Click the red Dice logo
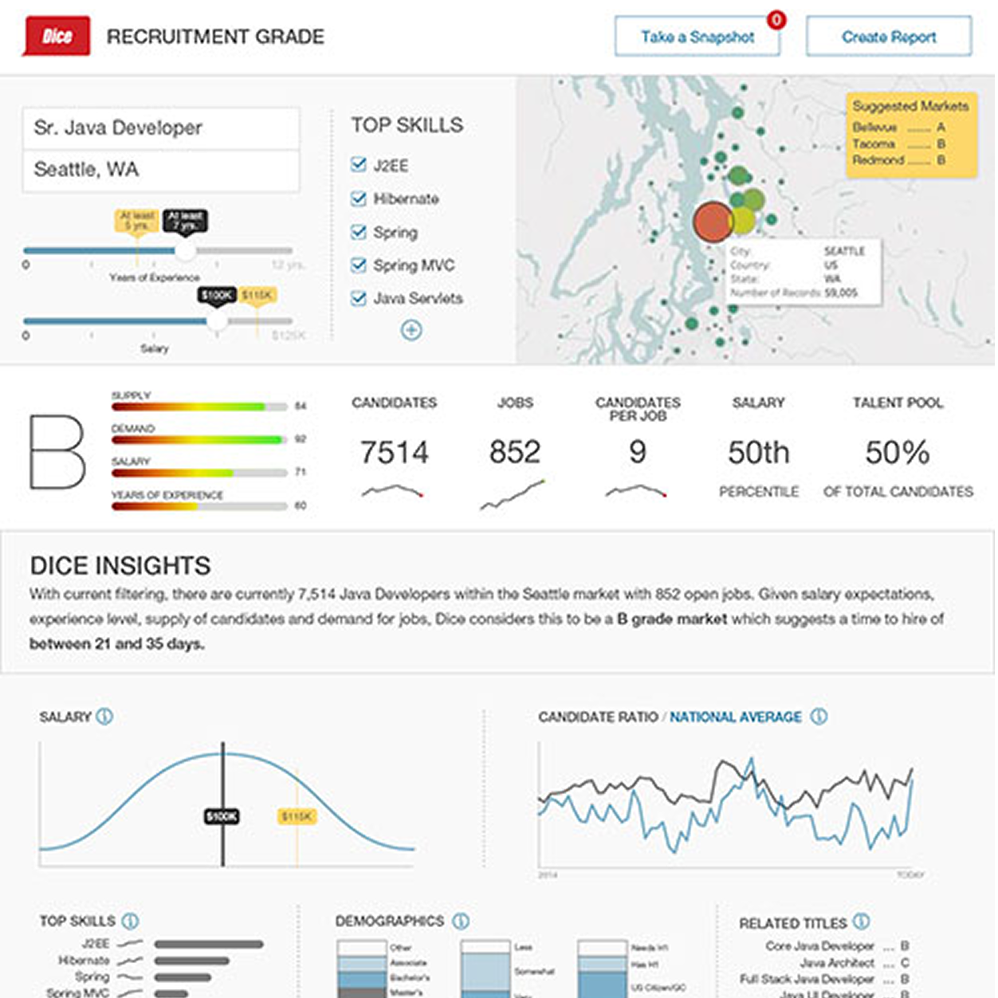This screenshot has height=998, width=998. click(57, 37)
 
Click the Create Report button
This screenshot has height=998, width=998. click(889, 37)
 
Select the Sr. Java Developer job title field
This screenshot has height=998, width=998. click(161, 128)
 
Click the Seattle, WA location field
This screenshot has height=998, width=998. click(161, 170)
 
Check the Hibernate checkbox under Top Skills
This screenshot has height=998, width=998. click(359, 199)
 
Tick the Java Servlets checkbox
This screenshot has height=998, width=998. click(359, 299)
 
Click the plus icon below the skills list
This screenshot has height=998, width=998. click(411, 330)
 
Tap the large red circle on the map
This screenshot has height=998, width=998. click(713, 222)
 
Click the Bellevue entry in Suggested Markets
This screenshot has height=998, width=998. click(875, 128)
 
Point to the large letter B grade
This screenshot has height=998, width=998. click(57, 451)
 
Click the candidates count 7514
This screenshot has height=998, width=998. click(394, 453)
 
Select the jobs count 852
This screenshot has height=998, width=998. click(515, 453)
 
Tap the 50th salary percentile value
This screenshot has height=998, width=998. click(758, 453)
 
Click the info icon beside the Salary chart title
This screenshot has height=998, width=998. click(104, 717)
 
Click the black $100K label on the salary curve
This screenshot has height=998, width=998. click(222, 816)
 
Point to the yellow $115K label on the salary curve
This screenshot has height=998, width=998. click(297, 816)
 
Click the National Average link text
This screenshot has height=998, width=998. click(735, 717)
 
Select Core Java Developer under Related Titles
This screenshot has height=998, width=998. click(819, 946)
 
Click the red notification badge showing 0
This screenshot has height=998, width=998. click(776, 20)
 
